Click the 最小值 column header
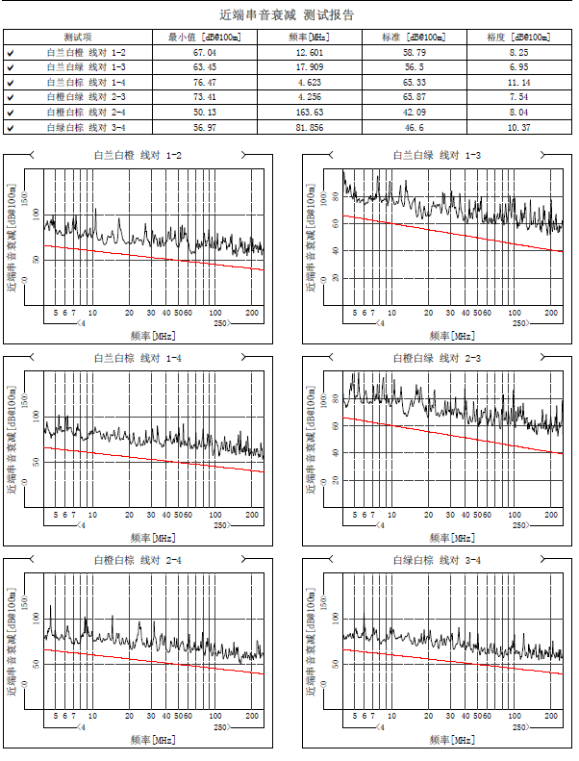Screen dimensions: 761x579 pos(203,37)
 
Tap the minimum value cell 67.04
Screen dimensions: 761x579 pos(204,52)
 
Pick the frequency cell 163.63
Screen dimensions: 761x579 pos(310,113)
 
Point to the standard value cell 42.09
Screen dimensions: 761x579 pos(415,113)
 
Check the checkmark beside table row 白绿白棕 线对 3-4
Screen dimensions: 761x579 pos(10,128)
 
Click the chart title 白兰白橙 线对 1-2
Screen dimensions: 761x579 pos(138,155)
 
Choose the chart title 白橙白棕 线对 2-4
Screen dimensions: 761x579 pos(138,559)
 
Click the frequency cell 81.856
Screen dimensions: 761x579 pos(310,128)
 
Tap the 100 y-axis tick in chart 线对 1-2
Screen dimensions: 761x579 pos(38,214)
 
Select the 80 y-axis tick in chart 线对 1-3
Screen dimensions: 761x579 pos(336,196)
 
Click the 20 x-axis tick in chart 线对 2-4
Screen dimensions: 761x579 pos(129,718)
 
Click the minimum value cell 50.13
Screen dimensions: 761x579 pos(204,113)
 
